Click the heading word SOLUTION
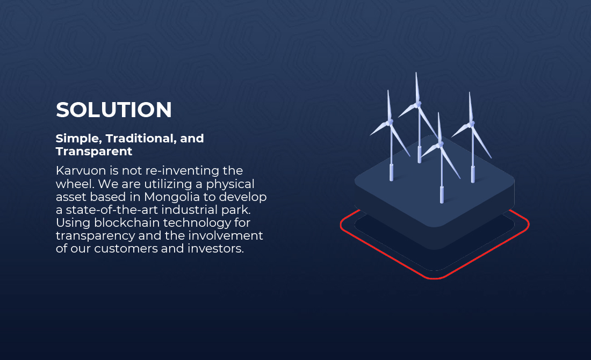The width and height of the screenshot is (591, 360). (114, 110)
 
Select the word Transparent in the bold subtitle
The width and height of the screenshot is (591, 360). (94, 152)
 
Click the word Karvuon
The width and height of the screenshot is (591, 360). (81, 171)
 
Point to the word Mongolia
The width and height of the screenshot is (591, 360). (172, 197)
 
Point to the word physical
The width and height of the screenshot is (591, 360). (230, 184)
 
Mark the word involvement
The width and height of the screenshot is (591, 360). (226, 235)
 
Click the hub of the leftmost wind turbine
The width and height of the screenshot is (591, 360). (390, 122)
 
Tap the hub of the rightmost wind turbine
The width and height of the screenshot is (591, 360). (471, 124)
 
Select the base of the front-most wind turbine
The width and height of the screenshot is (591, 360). (442, 195)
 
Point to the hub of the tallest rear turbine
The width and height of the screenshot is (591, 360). (417, 104)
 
